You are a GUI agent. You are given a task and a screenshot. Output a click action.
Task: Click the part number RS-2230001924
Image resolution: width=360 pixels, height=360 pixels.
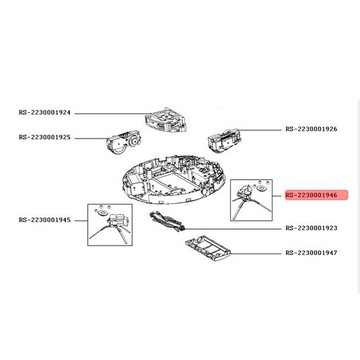click(45, 113)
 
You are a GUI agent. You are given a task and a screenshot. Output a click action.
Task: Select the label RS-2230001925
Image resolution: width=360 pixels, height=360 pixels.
click(45, 137)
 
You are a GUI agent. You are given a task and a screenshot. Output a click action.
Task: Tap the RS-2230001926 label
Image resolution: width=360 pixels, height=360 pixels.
click(311, 129)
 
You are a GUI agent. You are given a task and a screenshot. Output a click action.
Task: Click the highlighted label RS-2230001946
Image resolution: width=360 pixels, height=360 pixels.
click(316, 195)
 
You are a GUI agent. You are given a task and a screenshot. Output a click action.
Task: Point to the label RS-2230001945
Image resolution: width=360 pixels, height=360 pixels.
click(45, 220)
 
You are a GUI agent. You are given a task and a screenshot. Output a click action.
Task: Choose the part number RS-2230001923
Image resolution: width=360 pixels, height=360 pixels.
click(311, 228)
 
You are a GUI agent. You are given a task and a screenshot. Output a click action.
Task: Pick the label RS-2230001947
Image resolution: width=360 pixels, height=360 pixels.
click(311, 253)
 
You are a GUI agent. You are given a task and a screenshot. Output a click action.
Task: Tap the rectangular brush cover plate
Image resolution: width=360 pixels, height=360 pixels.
click(208, 248)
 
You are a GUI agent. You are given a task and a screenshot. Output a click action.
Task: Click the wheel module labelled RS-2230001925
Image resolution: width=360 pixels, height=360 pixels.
click(123, 142)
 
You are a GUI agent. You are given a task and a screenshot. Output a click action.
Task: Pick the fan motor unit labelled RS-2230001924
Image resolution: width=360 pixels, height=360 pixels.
click(165, 120)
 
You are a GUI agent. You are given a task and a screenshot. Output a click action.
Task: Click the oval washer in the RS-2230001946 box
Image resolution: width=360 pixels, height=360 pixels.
click(261, 189)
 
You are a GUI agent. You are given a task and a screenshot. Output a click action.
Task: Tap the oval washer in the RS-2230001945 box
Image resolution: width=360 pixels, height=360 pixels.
click(102, 213)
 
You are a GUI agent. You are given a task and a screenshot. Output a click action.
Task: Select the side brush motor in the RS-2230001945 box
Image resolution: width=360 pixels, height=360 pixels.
click(118, 221)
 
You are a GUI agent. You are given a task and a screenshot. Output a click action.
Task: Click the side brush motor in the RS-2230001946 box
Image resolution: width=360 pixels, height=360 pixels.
click(245, 192)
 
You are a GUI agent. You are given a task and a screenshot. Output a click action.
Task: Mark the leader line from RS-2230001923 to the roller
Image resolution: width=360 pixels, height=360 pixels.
click(233, 229)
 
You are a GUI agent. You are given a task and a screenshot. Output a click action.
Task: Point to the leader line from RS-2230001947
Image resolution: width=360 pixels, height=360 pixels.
click(256, 254)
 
